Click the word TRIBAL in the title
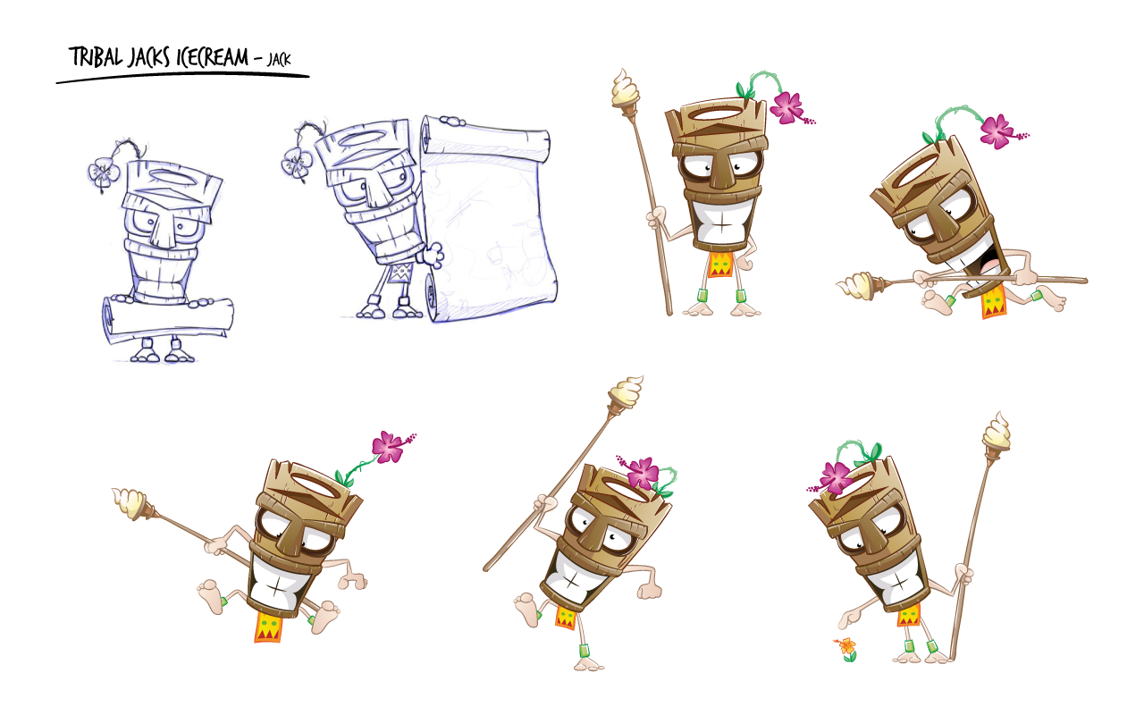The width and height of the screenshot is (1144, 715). click(x=96, y=56)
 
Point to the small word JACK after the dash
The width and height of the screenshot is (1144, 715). click(x=279, y=59)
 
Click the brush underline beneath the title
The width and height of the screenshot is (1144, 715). click(x=182, y=78)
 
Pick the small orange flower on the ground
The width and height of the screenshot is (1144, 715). click(x=846, y=648)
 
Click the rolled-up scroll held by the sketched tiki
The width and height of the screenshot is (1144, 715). click(x=167, y=319)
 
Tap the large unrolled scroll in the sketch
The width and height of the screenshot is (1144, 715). click(x=489, y=220)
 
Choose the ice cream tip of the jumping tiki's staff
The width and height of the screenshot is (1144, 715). click(x=130, y=502)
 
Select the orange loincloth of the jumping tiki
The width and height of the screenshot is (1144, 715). click(x=268, y=627)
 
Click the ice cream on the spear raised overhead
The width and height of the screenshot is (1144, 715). click(x=627, y=392)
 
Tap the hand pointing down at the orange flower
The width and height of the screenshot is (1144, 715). click(x=849, y=620)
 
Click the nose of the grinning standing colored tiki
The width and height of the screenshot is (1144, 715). click(x=720, y=170)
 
